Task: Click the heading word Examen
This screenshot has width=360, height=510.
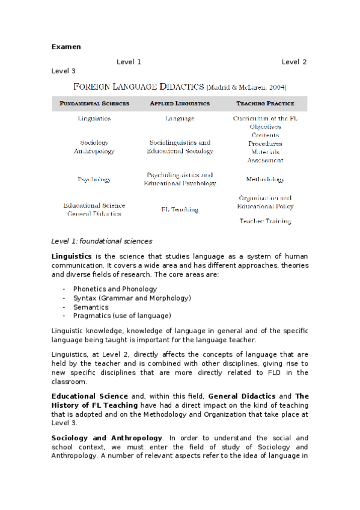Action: click(x=66, y=46)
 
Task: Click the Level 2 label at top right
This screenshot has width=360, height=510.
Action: click(x=294, y=61)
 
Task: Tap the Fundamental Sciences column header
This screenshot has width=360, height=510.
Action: click(x=94, y=103)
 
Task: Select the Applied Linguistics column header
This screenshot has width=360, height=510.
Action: click(x=180, y=103)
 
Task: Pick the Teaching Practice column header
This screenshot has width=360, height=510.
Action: click(x=264, y=103)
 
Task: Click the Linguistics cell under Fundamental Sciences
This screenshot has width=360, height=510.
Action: click(x=94, y=119)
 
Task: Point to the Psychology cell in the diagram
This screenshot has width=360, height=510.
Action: click(x=94, y=179)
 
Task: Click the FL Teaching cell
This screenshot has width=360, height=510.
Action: click(x=180, y=210)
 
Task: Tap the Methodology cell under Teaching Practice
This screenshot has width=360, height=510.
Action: click(x=264, y=179)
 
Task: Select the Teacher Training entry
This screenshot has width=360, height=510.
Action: click(x=264, y=221)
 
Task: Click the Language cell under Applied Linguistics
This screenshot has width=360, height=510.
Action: click(x=180, y=119)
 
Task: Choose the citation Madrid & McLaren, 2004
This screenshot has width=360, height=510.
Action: click(x=246, y=87)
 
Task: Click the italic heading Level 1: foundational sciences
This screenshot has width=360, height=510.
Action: click(x=102, y=241)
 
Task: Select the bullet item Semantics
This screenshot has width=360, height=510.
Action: click(x=91, y=307)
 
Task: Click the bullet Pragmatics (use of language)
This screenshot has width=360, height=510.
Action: click(x=122, y=316)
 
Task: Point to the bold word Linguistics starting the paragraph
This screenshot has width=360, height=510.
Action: click(x=72, y=256)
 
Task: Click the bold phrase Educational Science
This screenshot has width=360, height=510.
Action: click(x=90, y=396)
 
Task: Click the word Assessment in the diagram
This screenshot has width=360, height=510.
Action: click(x=264, y=161)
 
